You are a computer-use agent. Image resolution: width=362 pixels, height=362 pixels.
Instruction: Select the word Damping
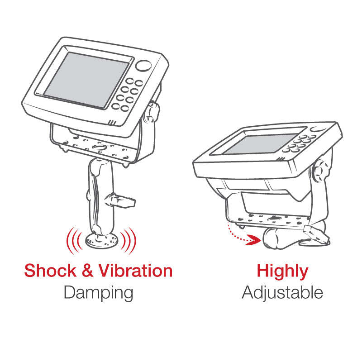98,293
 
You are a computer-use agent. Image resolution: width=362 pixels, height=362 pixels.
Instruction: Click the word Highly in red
282,271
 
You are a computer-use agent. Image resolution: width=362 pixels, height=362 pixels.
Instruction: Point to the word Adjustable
282,293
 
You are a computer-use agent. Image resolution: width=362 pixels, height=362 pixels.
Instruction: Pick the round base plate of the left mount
102,240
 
